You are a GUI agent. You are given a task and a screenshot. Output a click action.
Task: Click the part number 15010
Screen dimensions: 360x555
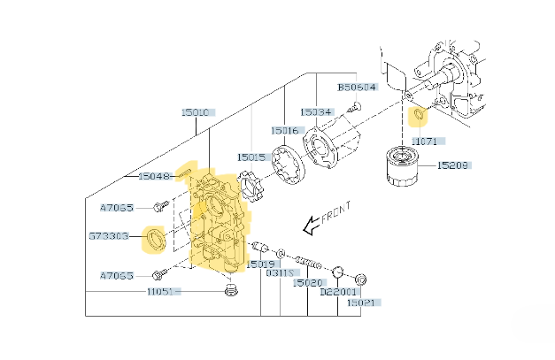(x=196, y=112)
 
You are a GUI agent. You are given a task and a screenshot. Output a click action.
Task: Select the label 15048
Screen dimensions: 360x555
(x=155, y=176)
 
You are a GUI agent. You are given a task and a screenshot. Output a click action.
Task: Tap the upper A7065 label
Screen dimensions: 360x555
(x=117, y=208)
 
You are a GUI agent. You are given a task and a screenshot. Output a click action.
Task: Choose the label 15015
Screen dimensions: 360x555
(x=251, y=157)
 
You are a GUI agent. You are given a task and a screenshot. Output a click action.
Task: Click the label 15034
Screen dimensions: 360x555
(x=315, y=112)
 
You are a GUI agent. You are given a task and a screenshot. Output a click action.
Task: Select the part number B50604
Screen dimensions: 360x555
(x=357, y=88)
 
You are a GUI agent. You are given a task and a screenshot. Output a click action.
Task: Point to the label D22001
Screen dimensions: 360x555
(x=337, y=291)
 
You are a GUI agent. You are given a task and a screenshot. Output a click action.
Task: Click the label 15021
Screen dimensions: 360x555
(x=362, y=303)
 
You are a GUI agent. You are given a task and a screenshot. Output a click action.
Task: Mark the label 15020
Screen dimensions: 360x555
(x=309, y=283)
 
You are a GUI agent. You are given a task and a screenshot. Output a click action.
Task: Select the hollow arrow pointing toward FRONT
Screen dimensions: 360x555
(x=312, y=227)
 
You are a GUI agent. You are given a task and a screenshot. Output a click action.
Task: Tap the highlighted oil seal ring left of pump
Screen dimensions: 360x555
(x=157, y=239)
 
